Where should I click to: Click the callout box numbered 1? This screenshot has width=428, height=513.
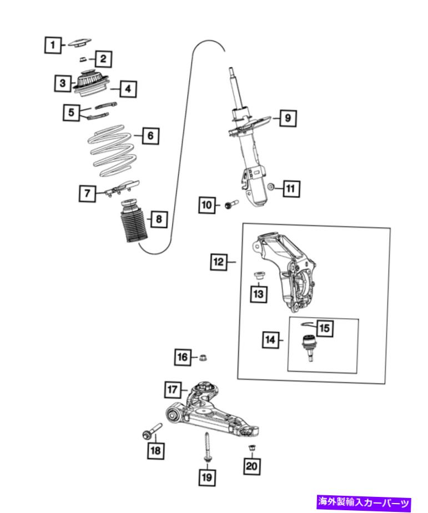click(53, 45)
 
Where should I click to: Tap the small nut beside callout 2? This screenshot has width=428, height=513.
click(83, 59)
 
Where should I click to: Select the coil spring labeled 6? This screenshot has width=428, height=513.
click(111, 150)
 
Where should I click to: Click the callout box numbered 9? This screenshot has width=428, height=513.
click(288, 118)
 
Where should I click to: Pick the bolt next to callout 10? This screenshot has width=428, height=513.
click(231, 205)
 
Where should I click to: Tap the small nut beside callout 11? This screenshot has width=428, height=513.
click(271, 187)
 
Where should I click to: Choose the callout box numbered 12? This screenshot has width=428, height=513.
click(218, 262)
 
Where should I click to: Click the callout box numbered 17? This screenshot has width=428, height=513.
click(173, 390)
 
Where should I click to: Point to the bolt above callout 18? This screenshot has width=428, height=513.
click(152, 430)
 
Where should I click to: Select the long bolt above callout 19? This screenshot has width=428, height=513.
click(207, 447)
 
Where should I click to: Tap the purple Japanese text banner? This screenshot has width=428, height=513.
click(364, 502)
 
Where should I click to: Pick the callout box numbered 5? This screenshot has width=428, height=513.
click(72, 113)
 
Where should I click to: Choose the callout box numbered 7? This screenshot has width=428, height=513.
click(88, 193)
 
